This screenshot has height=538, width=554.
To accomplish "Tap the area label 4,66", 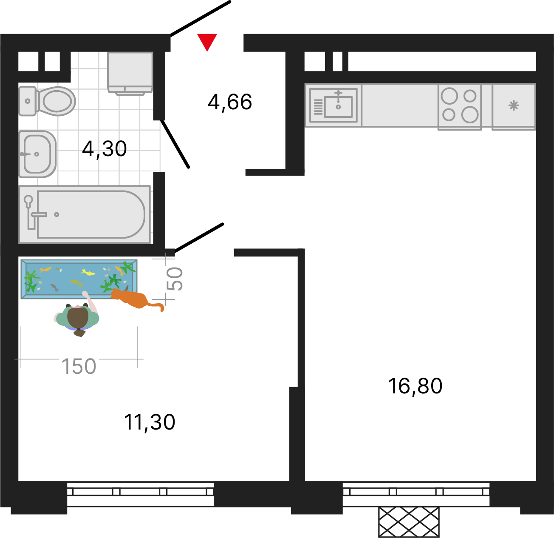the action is [230, 102].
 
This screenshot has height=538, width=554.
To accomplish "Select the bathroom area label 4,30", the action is [104, 149].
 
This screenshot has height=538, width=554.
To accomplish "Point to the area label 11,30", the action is [150, 422].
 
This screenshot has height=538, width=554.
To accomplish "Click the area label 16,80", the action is [415, 387].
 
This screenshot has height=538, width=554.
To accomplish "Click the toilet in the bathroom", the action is [47, 101].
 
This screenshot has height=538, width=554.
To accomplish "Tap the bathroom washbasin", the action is [37, 154].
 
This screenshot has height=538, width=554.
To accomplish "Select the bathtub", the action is [85, 214].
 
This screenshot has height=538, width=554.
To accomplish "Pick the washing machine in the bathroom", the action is [130, 74].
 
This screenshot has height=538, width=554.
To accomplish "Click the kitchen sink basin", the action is [338, 107].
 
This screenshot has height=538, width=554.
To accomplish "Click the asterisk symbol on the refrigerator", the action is [514, 105].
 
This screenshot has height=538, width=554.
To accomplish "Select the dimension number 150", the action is [79, 366].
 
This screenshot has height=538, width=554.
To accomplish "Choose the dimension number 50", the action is [174, 279].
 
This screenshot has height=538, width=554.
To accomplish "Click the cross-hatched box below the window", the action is [409, 522].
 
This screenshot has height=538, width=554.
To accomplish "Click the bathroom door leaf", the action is [175, 144].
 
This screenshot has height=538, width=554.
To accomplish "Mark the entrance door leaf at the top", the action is [201, 19].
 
